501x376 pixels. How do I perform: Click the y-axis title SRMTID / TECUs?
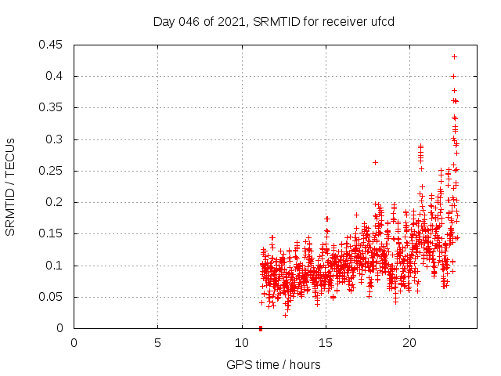click(10, 186)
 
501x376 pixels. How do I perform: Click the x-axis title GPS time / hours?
click(273, 364)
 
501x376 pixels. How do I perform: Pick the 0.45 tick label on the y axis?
click(52, 45)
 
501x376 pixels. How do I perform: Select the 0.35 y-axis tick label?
click(52, 107)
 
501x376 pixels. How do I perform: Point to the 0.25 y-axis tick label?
click(52, 171)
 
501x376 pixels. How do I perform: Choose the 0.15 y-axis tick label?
click(52, 233)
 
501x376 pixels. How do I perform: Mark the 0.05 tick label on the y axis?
click(52, 297)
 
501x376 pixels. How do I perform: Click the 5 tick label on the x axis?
click(157, 343)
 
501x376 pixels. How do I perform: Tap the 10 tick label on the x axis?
click(241, 343)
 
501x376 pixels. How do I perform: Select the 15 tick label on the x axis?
click(325, 343)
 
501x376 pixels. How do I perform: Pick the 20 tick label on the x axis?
click(409, 343)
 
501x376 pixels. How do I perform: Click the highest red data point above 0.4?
click(454, 56)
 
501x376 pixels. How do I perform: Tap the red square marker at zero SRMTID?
click(261, 328)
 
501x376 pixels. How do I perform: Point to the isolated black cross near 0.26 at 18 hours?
click(375, 162)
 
